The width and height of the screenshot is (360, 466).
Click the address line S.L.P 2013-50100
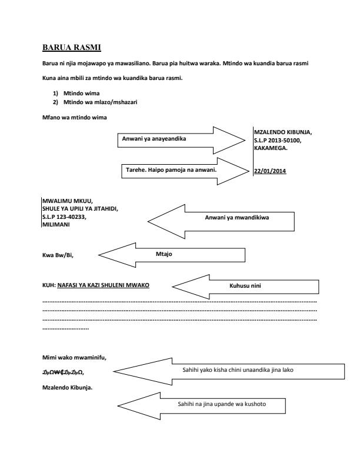pyautogui.click(x=279, y=139)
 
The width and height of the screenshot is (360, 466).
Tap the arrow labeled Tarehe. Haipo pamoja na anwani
pyautogui.click(x=182, y=171)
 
